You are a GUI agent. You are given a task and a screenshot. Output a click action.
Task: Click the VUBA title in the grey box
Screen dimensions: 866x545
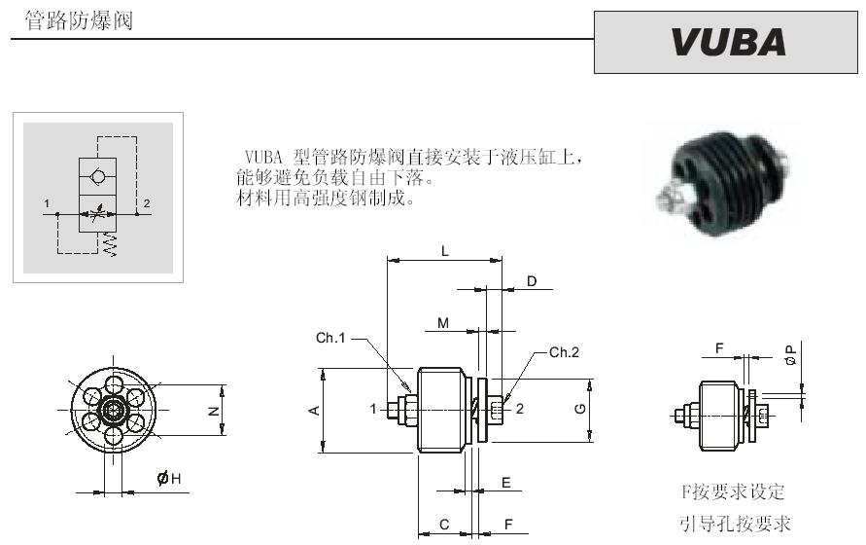pos(728,42)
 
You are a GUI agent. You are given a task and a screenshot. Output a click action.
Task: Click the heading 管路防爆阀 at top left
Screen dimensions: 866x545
pos(79,21)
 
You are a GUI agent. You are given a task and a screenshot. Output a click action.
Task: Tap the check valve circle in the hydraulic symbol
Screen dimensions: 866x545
pos(98,175)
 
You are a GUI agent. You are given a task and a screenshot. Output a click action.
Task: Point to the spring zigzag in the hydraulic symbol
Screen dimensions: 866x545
pos(110,244)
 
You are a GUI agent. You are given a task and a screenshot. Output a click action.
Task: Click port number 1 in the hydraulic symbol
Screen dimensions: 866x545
pos(47,203)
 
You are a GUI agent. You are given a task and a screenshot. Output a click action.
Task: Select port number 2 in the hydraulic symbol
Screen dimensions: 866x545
pos(147,203)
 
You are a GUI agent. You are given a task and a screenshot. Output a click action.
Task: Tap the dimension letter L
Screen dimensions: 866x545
pos(444,251)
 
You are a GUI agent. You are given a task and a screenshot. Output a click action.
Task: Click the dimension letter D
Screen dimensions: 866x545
pos(532,281)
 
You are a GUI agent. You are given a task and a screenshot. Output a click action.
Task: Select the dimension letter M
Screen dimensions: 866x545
pos(443,323)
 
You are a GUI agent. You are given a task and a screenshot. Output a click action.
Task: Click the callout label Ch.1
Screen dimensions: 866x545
pos(330,338)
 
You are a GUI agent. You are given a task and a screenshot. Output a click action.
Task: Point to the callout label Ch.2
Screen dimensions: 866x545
pos(564,352)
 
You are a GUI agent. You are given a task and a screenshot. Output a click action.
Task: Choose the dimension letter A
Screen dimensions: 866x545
pos(314,410)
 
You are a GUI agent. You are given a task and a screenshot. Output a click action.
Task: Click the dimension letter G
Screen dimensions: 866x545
pos(580,409)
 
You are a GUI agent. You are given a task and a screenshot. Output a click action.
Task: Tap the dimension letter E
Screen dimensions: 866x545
pos(506,483)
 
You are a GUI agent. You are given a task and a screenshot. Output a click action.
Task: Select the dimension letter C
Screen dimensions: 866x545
pos(444,524)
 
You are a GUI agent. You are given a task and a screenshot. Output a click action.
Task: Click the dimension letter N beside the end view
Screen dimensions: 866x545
pos(214,411)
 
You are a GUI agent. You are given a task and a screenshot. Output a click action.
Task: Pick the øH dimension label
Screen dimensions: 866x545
pos(169,478)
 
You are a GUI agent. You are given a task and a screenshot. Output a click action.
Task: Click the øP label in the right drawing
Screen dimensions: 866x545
pos(791,354)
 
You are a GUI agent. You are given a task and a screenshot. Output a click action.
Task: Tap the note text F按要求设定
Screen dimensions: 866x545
pos(733,491)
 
